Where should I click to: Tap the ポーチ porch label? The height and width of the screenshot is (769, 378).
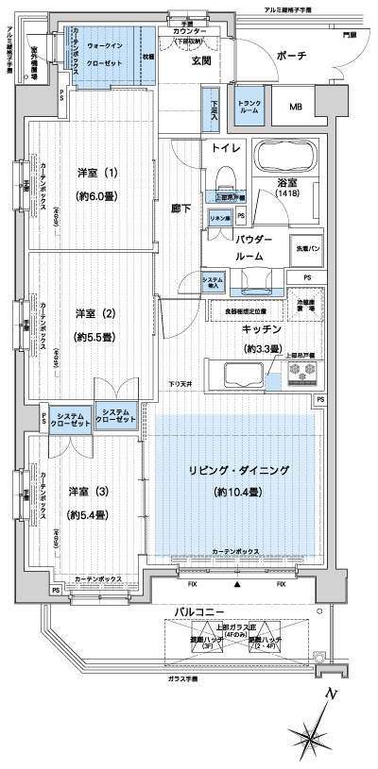292,58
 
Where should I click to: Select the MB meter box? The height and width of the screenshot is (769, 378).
297,105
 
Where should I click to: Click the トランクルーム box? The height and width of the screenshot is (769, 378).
249,106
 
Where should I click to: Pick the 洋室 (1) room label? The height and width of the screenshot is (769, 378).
98,173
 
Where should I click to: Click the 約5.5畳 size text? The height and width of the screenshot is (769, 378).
97,337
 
